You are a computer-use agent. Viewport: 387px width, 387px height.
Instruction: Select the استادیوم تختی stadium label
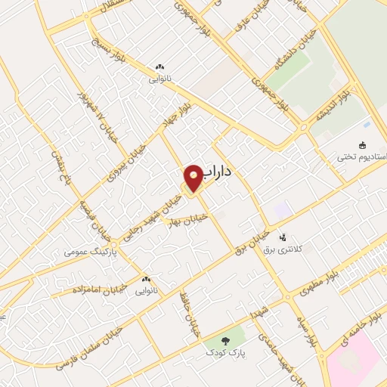coord(363,157)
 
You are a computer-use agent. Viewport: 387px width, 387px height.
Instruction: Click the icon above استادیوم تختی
coord(361,145)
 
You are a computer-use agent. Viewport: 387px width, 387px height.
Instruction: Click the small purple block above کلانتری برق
coord(283,209)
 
